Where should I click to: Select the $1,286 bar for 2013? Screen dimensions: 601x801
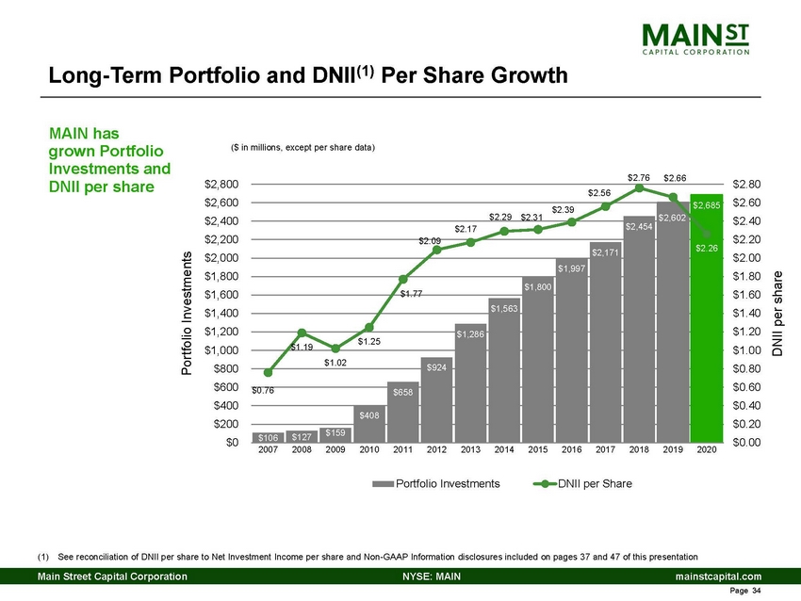(470, 386)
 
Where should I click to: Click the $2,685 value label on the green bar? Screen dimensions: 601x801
(707, 204)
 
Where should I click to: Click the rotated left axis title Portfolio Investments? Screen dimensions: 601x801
(187, 314)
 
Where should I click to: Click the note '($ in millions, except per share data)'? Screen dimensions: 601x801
(302, 148)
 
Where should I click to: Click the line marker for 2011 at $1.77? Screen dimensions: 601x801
(402, 279)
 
